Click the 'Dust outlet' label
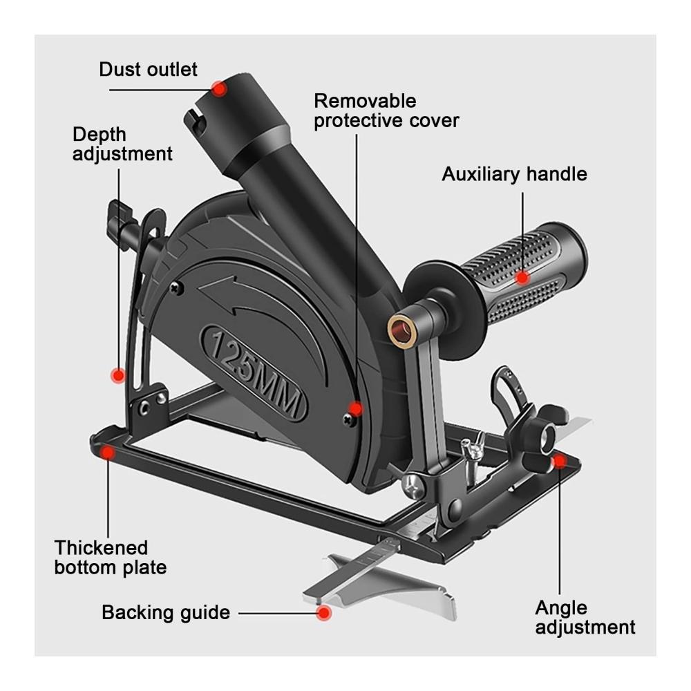[148, 69]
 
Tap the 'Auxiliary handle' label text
[514, 174]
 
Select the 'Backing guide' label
[166, 612]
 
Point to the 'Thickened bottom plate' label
[110, 558]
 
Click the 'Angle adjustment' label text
[585, 617]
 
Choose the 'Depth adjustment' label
[122, 144]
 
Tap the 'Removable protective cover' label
[386, 111]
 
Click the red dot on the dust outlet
[218, 89]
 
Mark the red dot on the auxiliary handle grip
[522, 278]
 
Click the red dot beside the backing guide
[324, 613]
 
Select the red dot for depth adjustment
[117, 375]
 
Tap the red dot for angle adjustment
[559, 462]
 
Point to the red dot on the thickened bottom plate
[107, 452]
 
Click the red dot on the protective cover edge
[355, 408]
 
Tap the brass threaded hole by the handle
[400, 329]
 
